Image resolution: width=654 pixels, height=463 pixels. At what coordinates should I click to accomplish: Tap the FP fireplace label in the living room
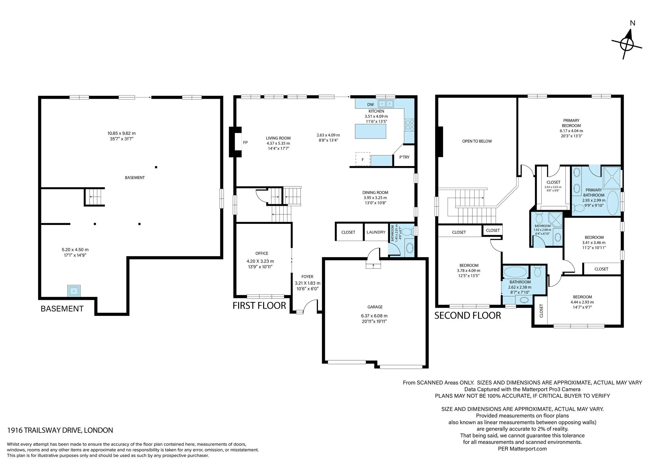pos(245,142)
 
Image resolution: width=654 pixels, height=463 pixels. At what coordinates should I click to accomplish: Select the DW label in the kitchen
pos(370,105)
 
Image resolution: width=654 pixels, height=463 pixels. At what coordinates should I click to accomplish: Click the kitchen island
pos(371,131)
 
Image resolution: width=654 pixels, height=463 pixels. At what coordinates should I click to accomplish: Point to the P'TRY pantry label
pos(404,157)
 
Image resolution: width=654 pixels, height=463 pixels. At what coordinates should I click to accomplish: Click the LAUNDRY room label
pos(376,232)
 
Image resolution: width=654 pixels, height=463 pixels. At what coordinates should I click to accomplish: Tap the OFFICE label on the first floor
pos(262,253)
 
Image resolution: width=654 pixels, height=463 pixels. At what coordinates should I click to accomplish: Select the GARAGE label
pos(375,307)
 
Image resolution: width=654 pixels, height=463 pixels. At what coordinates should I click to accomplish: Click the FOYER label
pos(307,277)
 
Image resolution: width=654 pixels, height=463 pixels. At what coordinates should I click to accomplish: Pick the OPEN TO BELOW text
pos(477,141)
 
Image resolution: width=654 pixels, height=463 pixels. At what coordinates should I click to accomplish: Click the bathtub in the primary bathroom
pos(613,203)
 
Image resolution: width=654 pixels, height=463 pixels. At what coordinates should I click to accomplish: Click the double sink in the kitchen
pos(386,104)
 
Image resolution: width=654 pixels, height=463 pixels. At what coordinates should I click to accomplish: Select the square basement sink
pos(74,291)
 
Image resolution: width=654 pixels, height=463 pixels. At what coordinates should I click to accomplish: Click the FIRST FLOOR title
pos(259,306)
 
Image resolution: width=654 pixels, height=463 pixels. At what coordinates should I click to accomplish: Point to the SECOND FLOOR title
pos(467,315)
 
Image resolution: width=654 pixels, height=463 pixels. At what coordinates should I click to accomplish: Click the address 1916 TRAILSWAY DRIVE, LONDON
pos(60,430)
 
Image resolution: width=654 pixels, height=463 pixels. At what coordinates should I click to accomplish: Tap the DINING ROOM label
pos(375,192)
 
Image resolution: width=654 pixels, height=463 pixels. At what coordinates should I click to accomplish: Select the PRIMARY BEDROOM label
pos(571,123)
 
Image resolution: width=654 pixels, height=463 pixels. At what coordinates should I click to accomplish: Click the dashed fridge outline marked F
pos(363,159)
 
